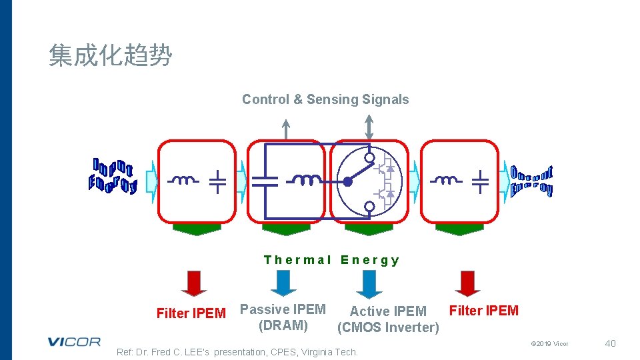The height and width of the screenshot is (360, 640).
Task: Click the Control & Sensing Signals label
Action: [x=325, y=99]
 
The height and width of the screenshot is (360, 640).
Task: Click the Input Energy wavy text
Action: [x=113, y=176]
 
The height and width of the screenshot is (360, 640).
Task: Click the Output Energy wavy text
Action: [x=531, y=180]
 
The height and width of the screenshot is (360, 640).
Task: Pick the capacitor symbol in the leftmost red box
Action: [x=217, y=181]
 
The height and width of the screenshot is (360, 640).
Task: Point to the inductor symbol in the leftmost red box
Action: [x=183, y=180]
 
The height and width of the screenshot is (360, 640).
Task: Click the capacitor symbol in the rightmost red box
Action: [x=480, y=181]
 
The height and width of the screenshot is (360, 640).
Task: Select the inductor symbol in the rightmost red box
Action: [x=446, y=180]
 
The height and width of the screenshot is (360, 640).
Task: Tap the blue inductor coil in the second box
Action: [x=304, y=180]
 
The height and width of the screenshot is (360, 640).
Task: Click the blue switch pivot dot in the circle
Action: [x=347, y=181]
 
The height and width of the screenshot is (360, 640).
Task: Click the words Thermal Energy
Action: [x=331, y=260]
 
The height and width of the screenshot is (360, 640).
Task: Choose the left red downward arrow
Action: [x=194, y=283]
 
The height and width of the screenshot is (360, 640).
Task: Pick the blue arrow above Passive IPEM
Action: [x=284, y=283]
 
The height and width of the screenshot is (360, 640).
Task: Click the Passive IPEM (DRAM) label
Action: [x=283, y=317]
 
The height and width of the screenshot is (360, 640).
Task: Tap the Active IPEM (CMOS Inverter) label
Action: [x=388, y=319]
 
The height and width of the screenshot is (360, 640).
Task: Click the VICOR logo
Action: [x=74, y=342]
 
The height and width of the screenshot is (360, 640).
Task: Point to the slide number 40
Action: [x=609, y=343]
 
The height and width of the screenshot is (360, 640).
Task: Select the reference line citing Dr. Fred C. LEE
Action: [x=237, y=352]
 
